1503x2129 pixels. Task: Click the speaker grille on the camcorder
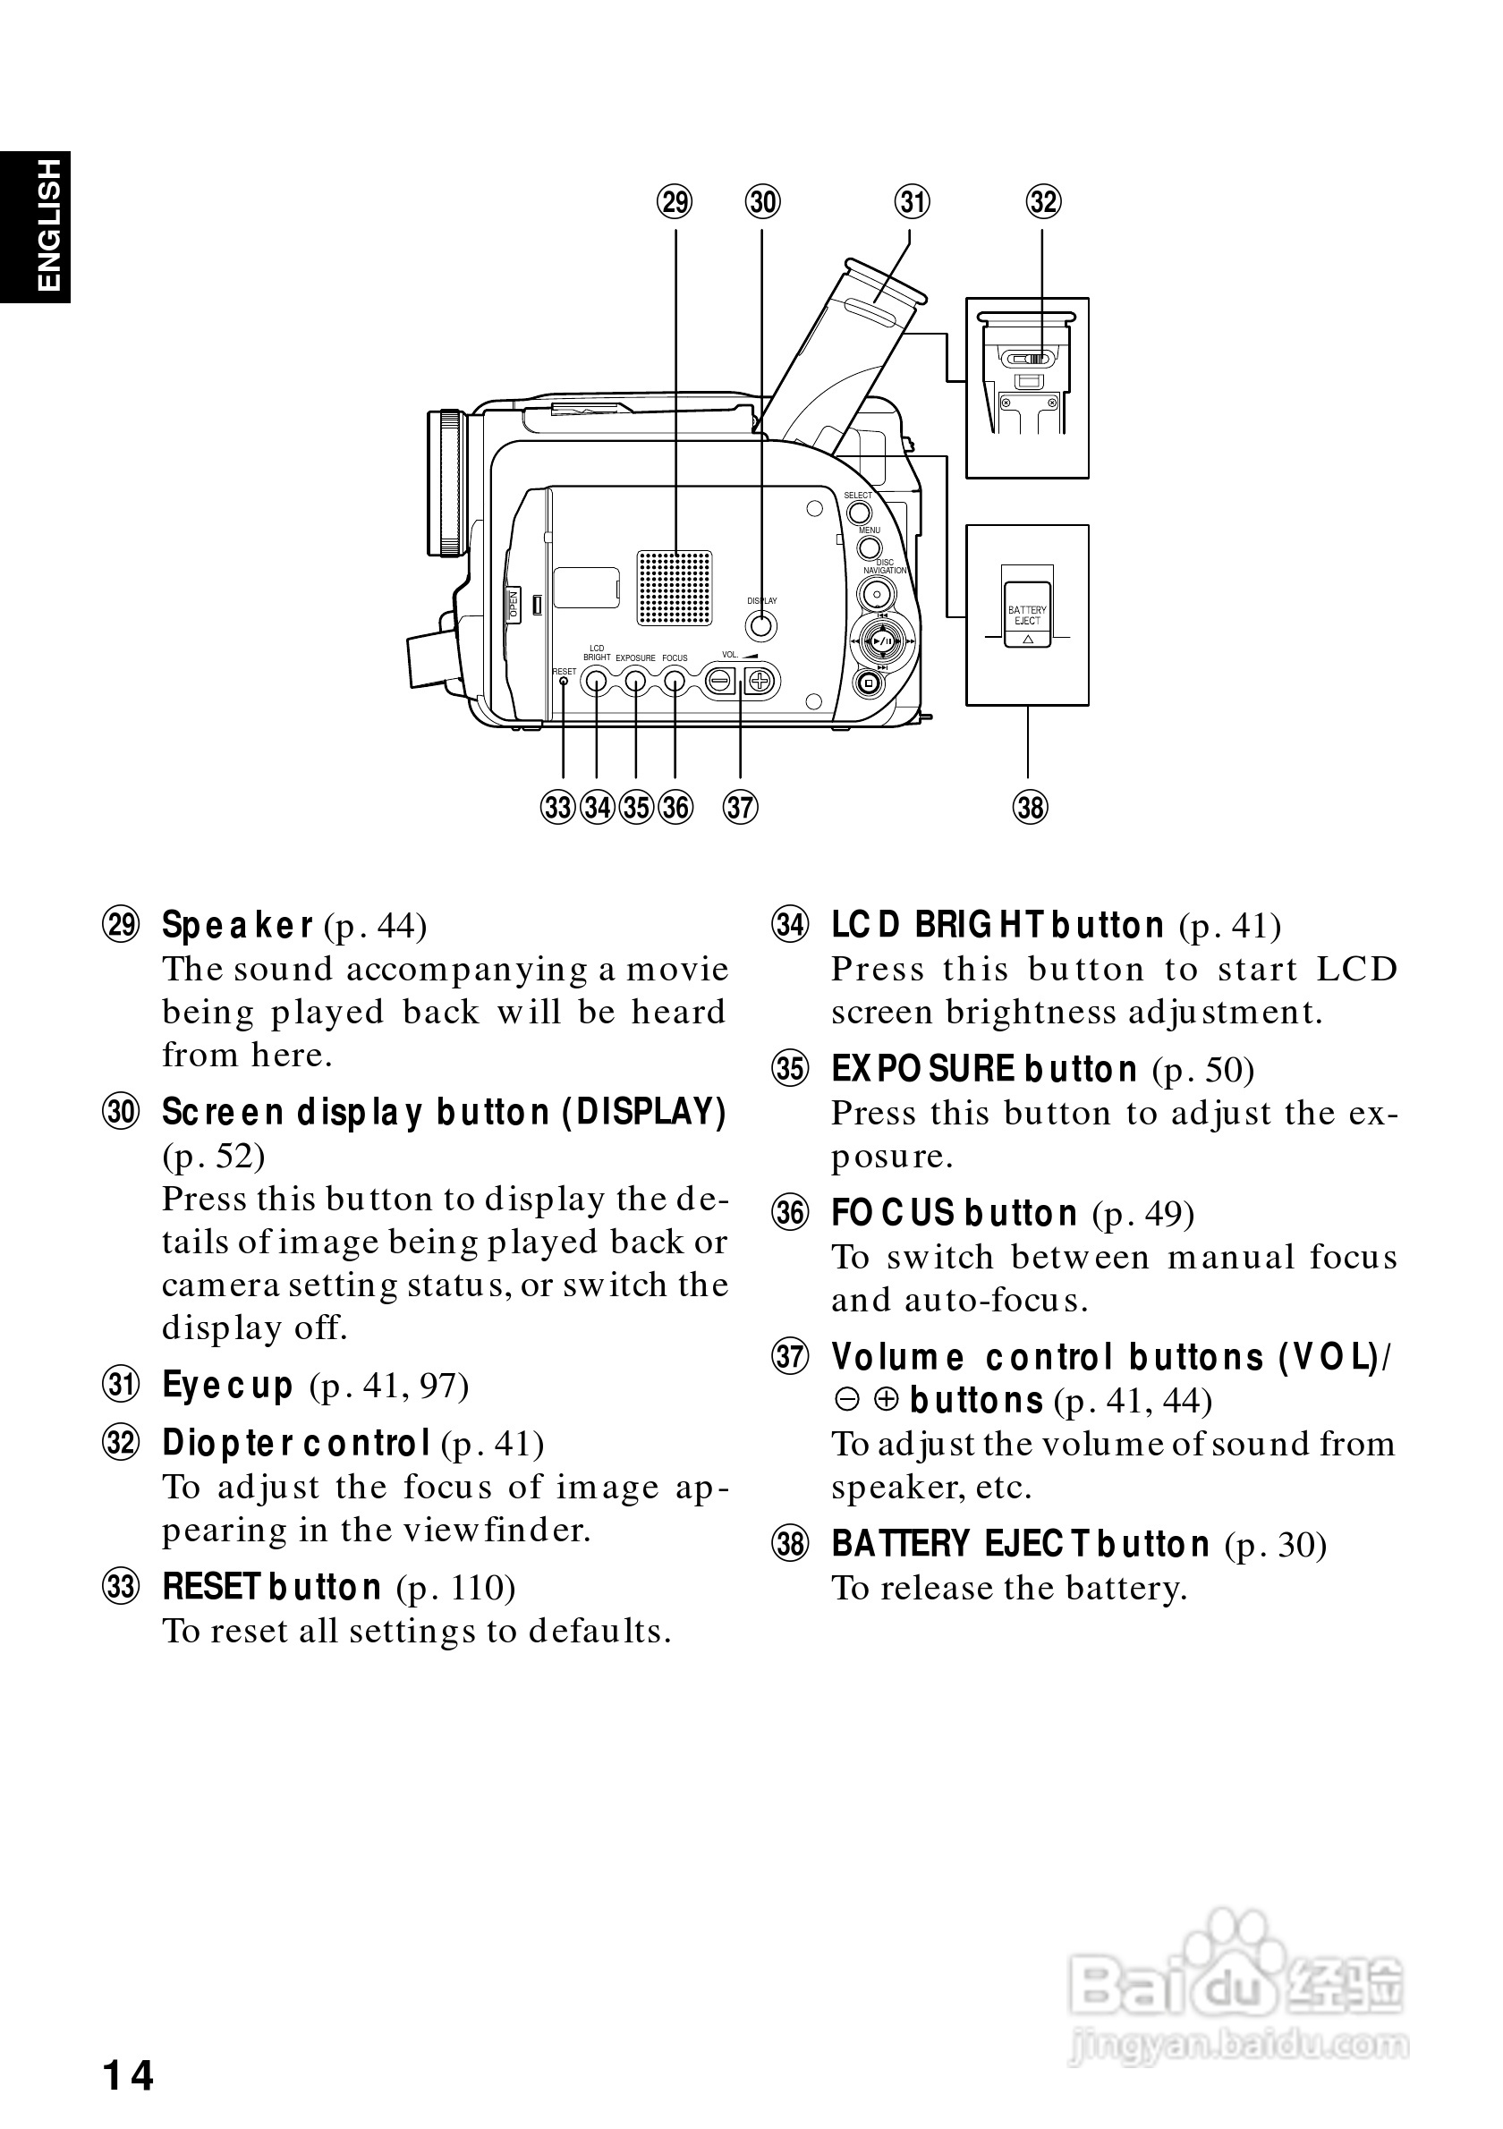pyautogui.click(x=674, y=587)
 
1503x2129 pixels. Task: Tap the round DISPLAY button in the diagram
pyautogui.click(x=761, y=626)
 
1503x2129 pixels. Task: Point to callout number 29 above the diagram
pyautogui.click(x=675, y=201)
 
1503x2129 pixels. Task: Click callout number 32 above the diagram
pyautogui.click(x=1043, y=201)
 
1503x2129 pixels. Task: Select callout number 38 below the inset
pyautogui.click(x=1030, y=807)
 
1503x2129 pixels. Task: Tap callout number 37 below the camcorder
pyautogui.click(x=740, y=807)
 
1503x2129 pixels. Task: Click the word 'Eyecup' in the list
pyautogui.click(x=227, y=1386)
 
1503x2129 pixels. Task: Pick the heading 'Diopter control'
pyautogui.click(x=296, y=1443)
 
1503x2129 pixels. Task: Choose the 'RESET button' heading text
pyautogui.click(x=272, y=1587)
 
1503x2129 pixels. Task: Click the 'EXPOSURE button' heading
pyautogui.click(x=984, y=1069)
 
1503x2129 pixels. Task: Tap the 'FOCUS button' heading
pyautogui.click(x=954, y=1213)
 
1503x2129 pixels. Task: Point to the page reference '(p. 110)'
pyautogui.click(x=456, y=1588)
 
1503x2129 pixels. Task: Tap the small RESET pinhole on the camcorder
pyautogui.click(x=564, y=682)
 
